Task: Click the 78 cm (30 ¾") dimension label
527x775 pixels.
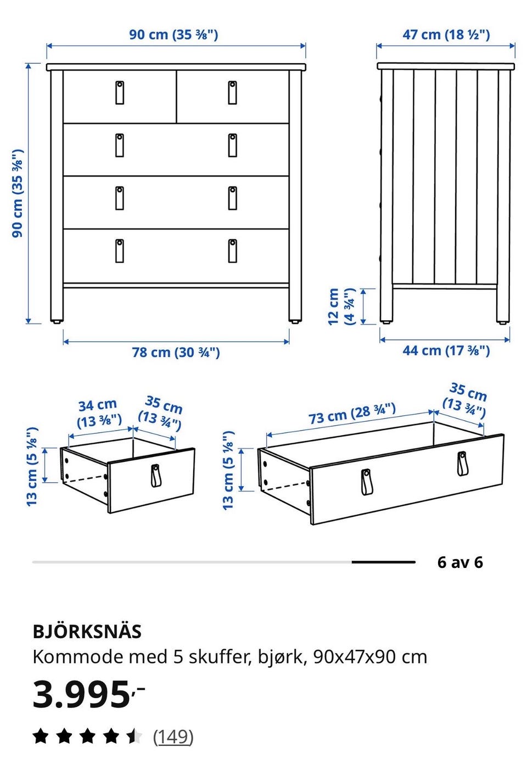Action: pyautogui.click(x=176, y=353)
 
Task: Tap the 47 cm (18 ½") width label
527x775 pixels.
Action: pyautogui.click(x=446, y=35)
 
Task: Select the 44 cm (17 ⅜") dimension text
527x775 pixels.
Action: pyautogui.click(x=446, y=350)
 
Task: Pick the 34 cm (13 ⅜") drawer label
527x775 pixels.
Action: pyautogui.click(x=98, y=413)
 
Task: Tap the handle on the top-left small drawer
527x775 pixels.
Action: pyautogui.click(x=120, y=93)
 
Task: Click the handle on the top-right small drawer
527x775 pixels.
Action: pyautogui.click(x=232, y=93)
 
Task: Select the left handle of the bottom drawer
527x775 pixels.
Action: pyautogui.click(x=120, y=251)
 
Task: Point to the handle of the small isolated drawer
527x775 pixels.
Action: pyautogui.click(x=155, y=476)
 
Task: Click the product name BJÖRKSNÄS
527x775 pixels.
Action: pyautogui.click(x=87, y=632)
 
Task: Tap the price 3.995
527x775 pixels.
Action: pyautogui.click(x=81, y=694)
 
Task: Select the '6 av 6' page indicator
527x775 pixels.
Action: pyautogui.click(x=460, y=562)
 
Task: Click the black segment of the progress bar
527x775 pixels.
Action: pyautogui.click(x=384, y=562)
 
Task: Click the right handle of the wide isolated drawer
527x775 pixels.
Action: pyautogui.click(x=462, y=464)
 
